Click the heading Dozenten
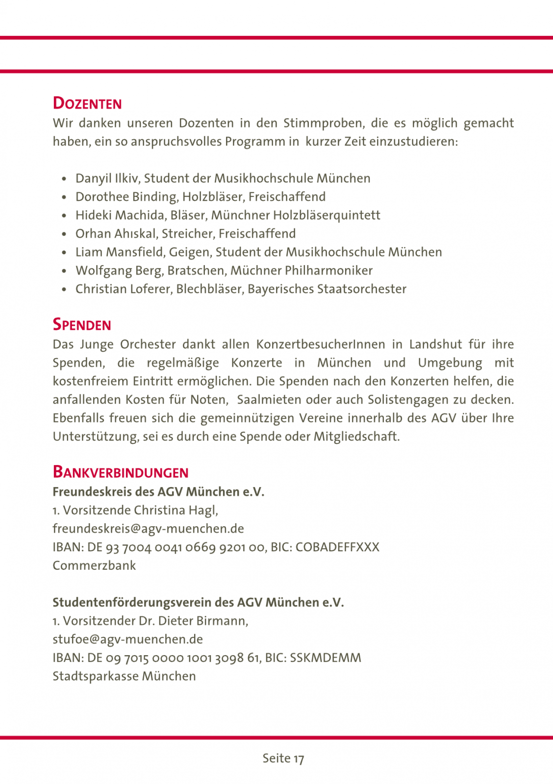[x=87, y=103]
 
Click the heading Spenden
[x=82, y=325]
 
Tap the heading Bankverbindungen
[x=121, y=472]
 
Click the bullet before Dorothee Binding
[x=64, y=197]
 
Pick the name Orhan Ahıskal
[x=116, y=234]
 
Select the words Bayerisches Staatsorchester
[x=327, y=289]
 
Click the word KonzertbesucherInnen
[x=321, y=344]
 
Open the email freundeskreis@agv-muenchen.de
[x=148, y=529]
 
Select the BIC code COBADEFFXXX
[x=337, y=547]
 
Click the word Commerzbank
[x=94, y=565]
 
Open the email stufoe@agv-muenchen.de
[x=127, y=639]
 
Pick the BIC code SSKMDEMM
[x=326, y=658]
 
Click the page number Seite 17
[x=283, y=759]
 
